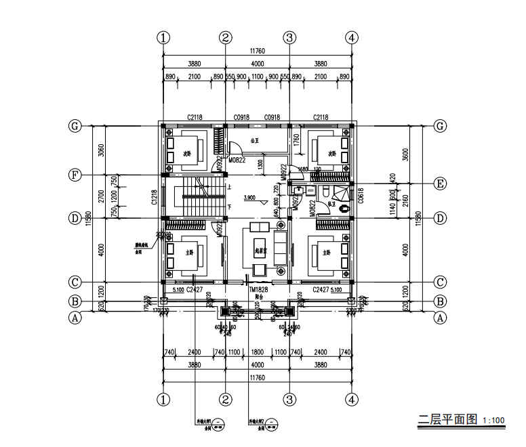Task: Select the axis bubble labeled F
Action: [76, 175]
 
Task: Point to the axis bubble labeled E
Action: [440, 184]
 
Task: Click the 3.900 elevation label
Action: [249, 198]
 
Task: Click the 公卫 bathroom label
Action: [255, 142]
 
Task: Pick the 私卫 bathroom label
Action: [331, 203]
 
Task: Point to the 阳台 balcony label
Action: [258, 296]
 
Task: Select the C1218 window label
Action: [155, 196]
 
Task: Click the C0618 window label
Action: [361, 196]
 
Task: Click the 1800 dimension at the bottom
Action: [258, 352]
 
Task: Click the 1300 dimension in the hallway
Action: [261, 163]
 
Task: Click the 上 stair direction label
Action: [230, 187]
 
